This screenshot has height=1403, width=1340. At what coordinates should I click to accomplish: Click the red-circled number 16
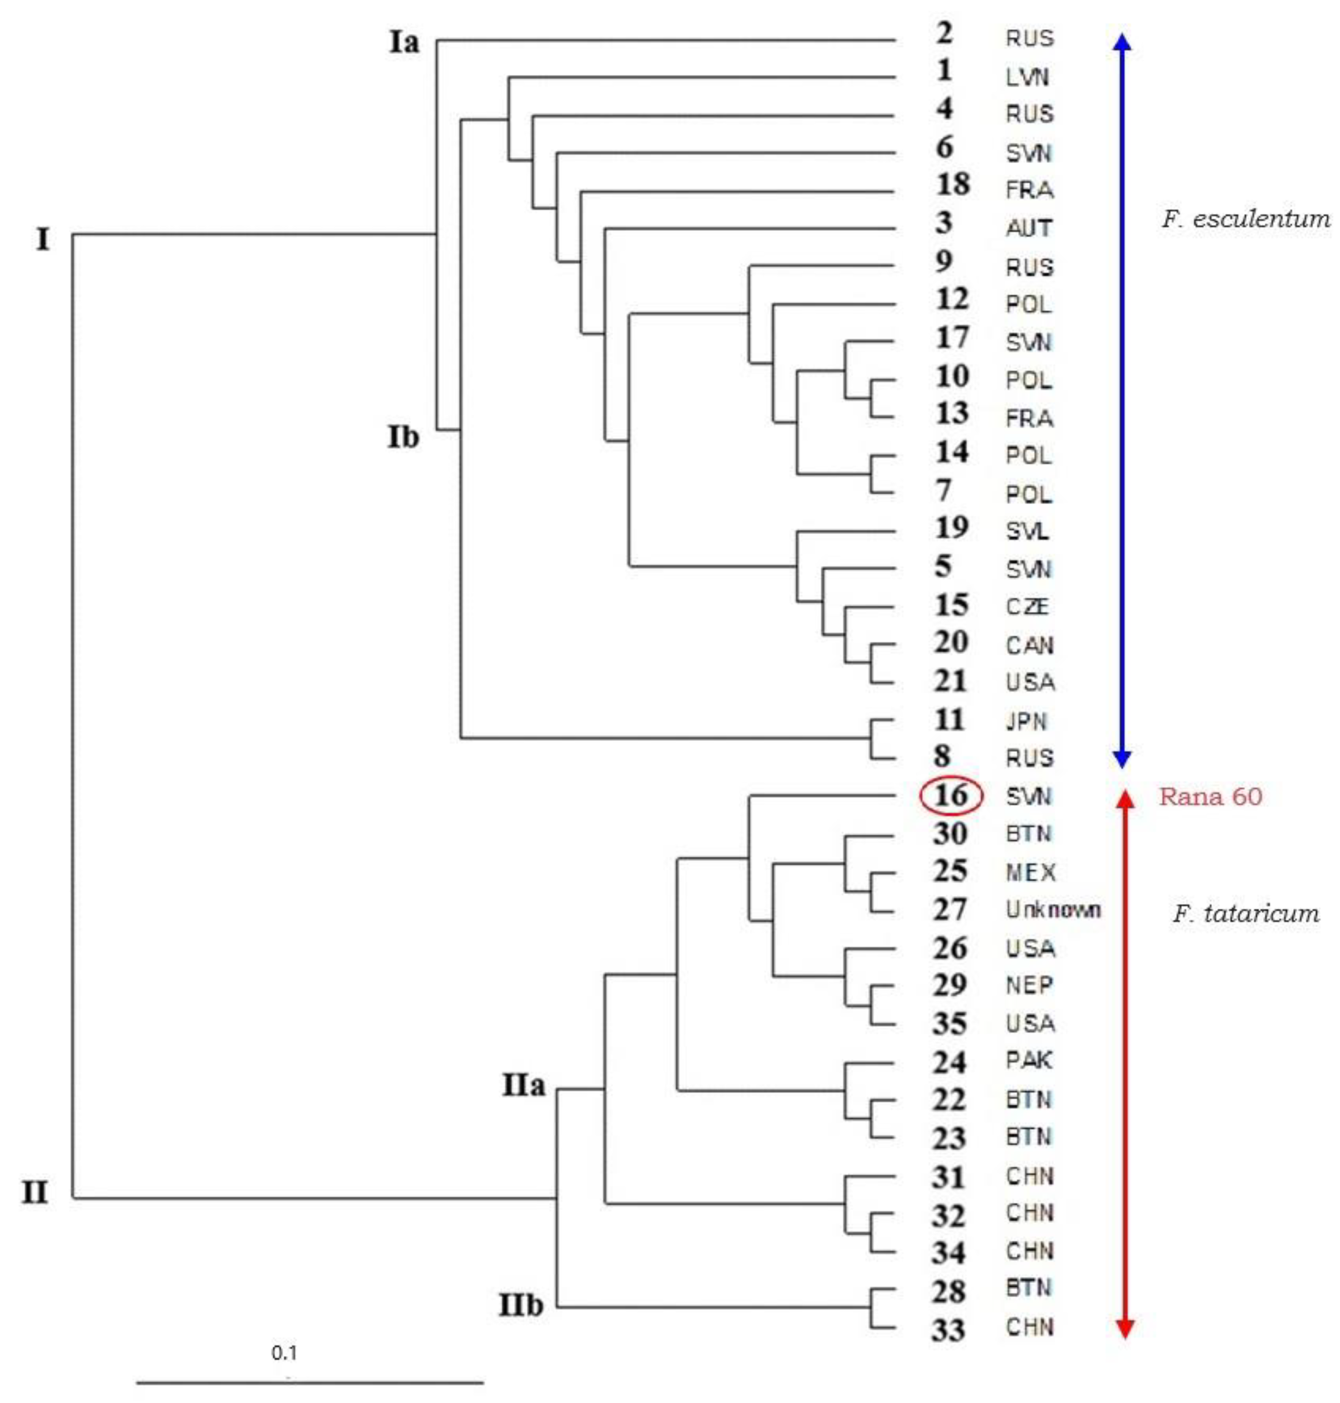click(951, 795)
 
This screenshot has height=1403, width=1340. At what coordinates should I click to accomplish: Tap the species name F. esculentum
click(1246, 219)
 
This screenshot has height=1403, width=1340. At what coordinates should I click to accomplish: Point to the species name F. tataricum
click(1246, 913)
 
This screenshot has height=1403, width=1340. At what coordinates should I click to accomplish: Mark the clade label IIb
click(521, 1306)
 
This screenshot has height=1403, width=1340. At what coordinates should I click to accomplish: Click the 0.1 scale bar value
click(284, 1352)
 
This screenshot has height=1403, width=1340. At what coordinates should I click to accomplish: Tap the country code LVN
click(1027, 76)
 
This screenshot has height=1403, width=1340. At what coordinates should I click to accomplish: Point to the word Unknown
click(1053, 910)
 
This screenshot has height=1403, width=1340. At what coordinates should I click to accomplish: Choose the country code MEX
click(1030, 872)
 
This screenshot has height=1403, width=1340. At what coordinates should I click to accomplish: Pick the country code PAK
click(1029, 1061)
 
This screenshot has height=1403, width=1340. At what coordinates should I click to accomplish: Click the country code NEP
click(1029, 986)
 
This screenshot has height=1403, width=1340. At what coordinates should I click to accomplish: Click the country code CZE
click(1027, 607)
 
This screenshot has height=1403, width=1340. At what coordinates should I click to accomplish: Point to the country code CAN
click(1029, 645)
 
